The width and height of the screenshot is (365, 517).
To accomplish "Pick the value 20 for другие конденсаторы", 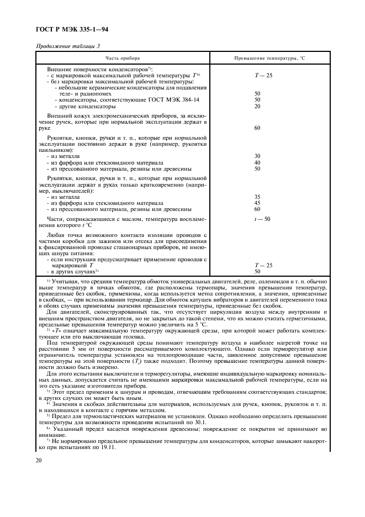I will [257, 106].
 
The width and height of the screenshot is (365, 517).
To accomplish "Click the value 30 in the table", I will [257, 156].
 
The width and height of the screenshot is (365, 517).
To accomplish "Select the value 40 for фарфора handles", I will [257, 162].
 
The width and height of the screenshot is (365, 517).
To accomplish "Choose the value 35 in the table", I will [257, 197].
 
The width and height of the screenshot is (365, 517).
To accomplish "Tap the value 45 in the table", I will [257, 203].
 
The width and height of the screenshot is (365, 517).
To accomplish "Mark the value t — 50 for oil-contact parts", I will [262, 219].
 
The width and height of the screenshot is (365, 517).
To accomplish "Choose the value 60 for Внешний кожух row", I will [257, 128].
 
